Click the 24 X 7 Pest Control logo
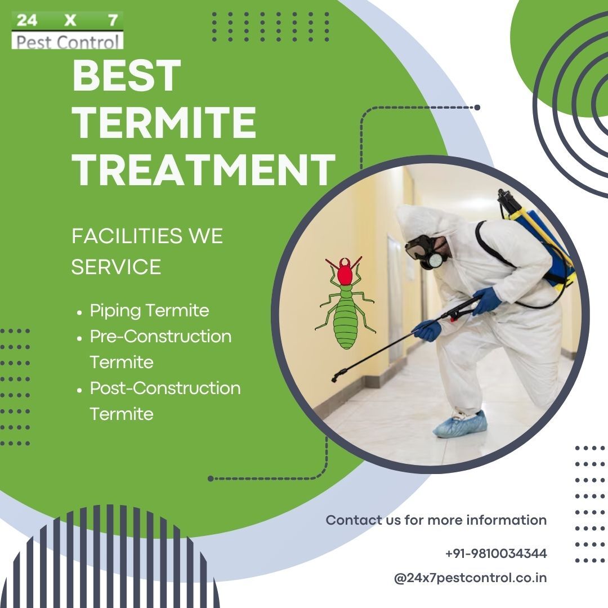point(68,30)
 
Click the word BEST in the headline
point(127,75)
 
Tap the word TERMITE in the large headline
point(164,122)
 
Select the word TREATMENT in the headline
point(204,169)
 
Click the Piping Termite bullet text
point(150,311)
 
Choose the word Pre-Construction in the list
point(160,336)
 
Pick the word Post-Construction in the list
point(165,388)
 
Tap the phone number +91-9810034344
point(496,553)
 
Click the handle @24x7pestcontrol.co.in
point(470,578)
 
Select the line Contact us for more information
point(436,520)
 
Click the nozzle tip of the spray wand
point(334,378)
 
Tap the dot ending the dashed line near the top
point(477,108)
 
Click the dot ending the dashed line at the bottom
point(211,479)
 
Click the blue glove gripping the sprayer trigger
point(486,301)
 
